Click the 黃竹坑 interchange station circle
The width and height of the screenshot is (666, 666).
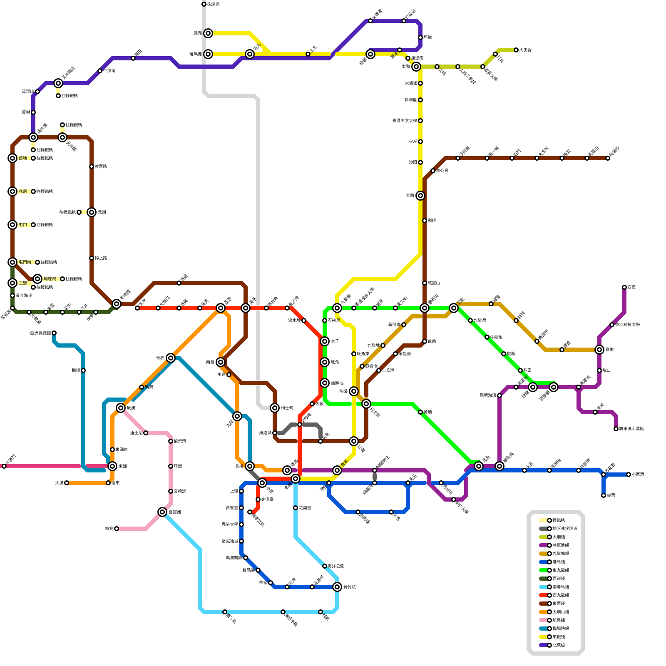[x=337, y=587]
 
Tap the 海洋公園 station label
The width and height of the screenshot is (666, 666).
[x=336, y=566]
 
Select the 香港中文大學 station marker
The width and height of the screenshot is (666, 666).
[x=420, y=121]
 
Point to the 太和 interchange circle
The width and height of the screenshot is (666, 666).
[x=416, y=67]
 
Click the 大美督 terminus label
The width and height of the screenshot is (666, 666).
[x=525, y=50]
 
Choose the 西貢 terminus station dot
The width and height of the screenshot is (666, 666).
[x=624, y=287]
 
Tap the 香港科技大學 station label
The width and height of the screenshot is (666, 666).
[x=627, y=325]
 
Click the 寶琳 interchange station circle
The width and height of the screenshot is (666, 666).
[x=599, y=350]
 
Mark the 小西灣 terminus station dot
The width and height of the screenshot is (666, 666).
[x=629, y=475]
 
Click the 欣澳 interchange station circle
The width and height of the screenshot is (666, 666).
[x=121, y=408]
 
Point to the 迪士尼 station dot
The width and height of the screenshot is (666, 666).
[x=146, y=433]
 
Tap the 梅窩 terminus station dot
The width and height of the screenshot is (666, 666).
[x=117, y=529]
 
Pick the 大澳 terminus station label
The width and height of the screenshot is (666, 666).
[x=59, y=483]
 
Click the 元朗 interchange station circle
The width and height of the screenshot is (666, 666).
[x=92, y=212]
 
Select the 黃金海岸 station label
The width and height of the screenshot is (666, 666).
[x=24, y=296]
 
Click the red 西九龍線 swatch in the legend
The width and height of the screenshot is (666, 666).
[x=544, y=595]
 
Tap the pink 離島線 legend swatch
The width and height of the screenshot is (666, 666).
[x=544, y=620]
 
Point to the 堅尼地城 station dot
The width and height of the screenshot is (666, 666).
[x=241, y=541]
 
